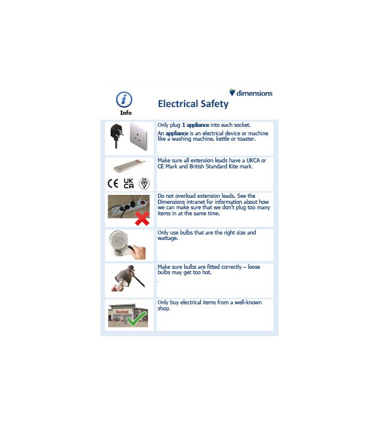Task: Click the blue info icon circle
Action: (124, 100)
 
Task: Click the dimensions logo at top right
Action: (251, 93)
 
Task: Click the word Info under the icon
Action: (125, 112)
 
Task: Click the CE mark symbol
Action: (112, 183)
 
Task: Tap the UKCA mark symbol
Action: (128, 183)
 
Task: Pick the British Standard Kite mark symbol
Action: (144, 183)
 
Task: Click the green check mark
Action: (137, 319)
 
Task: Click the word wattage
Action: (168, 238)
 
